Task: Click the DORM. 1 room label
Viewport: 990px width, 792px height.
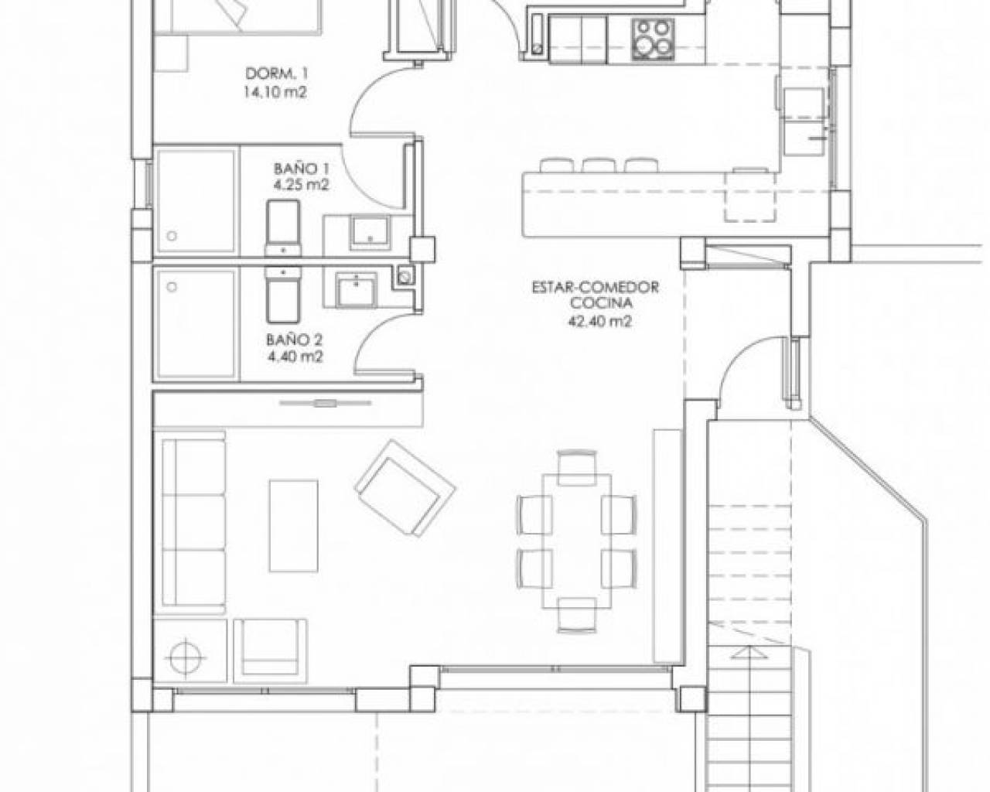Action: tap(276, 73)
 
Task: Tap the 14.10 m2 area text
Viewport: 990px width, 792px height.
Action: tap(275, 93)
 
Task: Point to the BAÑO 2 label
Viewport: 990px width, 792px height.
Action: tap(295, 340)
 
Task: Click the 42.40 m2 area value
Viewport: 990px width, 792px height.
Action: tap(600, 321)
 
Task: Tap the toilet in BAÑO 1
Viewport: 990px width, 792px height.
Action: tap(283, 228)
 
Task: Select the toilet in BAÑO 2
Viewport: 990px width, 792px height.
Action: tap(283, 295)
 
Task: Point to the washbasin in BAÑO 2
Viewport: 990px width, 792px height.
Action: tap(357, 289)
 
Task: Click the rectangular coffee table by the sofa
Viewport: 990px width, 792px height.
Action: tap(293, 525)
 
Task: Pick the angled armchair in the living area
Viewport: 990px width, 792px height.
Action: tap(405, 489)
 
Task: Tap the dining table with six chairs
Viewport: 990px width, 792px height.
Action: tap(577, 541)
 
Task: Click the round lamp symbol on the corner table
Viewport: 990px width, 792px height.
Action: tap(186, 657)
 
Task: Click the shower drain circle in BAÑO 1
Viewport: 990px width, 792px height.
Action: tap(172, 237)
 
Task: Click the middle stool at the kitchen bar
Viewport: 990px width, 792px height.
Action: tap(599, 166)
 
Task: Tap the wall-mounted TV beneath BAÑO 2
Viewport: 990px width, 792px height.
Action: tap(326, 404)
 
